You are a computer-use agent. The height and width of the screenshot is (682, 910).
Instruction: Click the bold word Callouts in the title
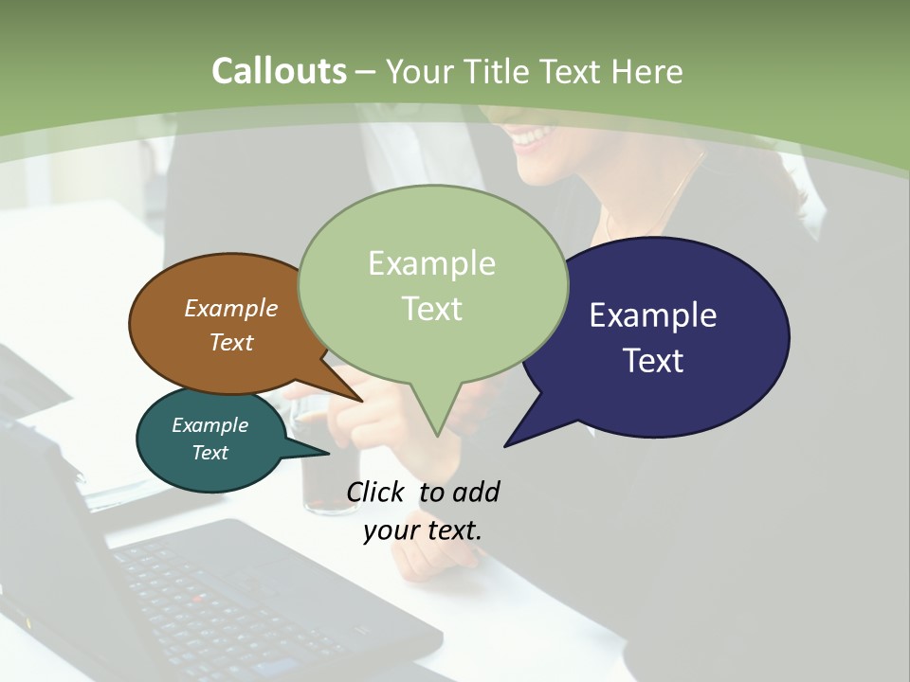[x=279, y=71]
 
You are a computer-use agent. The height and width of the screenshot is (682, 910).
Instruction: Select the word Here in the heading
[x=648, y=72]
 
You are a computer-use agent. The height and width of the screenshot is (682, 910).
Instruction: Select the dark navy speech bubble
[x=720, y=379]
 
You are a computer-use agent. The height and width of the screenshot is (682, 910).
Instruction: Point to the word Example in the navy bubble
[x=653, y=315]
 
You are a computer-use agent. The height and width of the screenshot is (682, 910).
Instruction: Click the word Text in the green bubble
[x=432, y=309]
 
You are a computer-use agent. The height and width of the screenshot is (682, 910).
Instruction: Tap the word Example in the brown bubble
[x=230, y=309]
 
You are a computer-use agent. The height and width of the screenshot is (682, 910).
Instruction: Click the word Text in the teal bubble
[x=209, y=453]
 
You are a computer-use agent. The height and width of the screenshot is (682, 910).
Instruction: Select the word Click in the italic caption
[x=374, y=492]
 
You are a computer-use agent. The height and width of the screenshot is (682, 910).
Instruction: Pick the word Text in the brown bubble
[x=231, y=343]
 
